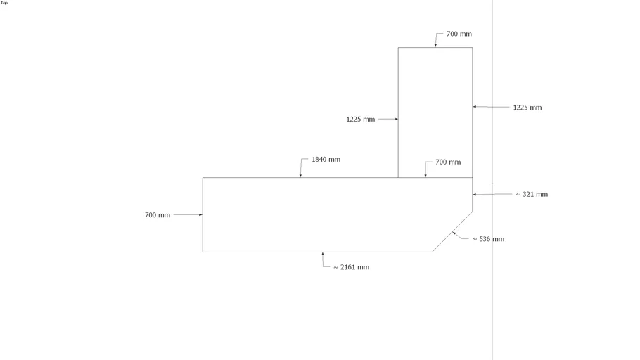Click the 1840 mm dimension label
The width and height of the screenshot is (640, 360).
point(326,159)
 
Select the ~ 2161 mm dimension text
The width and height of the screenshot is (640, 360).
point(351,267)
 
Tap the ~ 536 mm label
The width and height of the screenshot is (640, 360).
point(488,239)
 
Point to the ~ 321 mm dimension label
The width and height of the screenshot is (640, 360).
point(532,194)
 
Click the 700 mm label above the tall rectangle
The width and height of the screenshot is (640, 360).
point(459,34)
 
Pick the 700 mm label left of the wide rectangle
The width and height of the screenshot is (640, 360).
point(157,215)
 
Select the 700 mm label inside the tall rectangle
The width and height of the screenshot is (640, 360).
point(448,162)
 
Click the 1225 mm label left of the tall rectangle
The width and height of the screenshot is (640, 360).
point(360,120)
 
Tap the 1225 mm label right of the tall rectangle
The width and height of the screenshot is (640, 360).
point(527,108)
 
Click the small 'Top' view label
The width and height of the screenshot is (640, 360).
point(4,3)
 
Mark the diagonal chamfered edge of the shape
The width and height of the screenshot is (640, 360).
point(452,231)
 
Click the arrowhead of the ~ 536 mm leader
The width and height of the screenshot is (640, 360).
point(454,233)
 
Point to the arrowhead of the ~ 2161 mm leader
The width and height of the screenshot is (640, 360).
point(322,254)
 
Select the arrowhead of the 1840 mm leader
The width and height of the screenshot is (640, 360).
point(300,176)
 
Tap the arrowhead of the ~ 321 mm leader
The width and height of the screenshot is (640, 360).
point(475,194)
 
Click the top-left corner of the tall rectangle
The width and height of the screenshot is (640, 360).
point(398,47)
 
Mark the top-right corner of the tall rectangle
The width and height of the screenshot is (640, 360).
point(473,47)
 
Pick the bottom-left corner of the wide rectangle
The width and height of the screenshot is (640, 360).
point(203,252)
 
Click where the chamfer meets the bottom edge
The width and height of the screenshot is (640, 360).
point(433,252)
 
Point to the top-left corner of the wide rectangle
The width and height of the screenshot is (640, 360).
point(203,178)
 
